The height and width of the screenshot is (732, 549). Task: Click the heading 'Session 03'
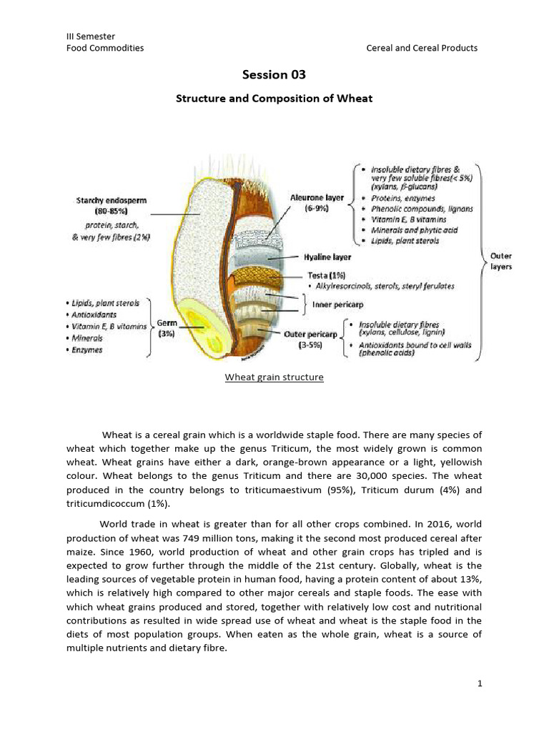point(274,74)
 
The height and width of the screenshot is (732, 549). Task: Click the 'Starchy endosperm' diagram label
point(112,201)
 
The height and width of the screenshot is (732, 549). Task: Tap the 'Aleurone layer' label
point(317,197)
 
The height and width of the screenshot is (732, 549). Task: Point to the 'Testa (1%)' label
point(327,274)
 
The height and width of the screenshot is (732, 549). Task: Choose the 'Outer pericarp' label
point(310,333)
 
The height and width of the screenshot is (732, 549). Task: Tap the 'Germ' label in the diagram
point(167,324)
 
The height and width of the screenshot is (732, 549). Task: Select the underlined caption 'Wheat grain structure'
point(274,377)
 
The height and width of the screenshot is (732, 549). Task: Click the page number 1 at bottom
point(480,684)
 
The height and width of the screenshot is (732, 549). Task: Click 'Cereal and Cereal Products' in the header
point(422,48)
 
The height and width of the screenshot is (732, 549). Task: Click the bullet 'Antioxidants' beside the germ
point(94,315)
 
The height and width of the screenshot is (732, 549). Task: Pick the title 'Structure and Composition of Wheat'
point(274,99)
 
